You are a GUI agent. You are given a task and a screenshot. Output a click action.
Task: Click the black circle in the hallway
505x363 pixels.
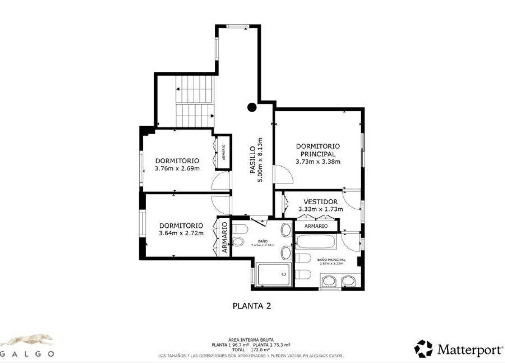[252, 107]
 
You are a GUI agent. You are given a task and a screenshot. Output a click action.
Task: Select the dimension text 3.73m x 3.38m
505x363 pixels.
[318, 162]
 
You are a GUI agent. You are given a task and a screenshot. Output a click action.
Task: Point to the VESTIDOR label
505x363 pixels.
[320, 202]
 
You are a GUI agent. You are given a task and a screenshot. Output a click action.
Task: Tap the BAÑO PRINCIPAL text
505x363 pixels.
[331, 260]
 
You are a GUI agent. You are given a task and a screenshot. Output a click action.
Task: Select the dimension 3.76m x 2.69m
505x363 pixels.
[177, 168]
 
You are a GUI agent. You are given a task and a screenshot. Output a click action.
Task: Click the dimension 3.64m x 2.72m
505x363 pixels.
[181, 233]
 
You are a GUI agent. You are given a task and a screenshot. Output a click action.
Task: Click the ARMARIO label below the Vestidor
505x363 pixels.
[316, 226]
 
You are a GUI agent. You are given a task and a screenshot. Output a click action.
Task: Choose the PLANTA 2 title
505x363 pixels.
[251, 306]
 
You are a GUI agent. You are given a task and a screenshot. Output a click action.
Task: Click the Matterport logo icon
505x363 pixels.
[423, 349]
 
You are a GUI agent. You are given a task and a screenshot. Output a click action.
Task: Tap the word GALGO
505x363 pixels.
[27, 354]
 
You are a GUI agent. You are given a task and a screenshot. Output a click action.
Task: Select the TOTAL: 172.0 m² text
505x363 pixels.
[251, 349]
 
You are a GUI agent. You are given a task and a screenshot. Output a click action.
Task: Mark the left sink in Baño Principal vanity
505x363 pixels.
[329, 281]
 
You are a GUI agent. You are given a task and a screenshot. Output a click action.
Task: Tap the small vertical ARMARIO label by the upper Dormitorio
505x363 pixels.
[223, 152]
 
